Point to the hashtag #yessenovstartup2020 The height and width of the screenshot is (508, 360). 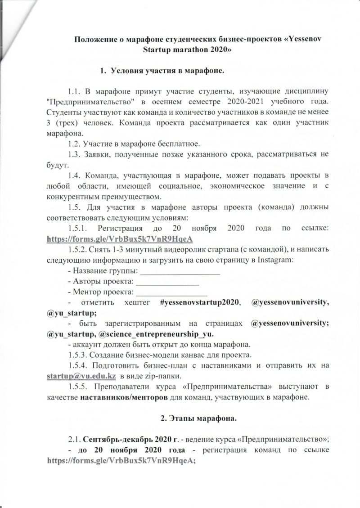(200, 303)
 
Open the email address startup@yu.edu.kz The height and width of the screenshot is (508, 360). (82, 376)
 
